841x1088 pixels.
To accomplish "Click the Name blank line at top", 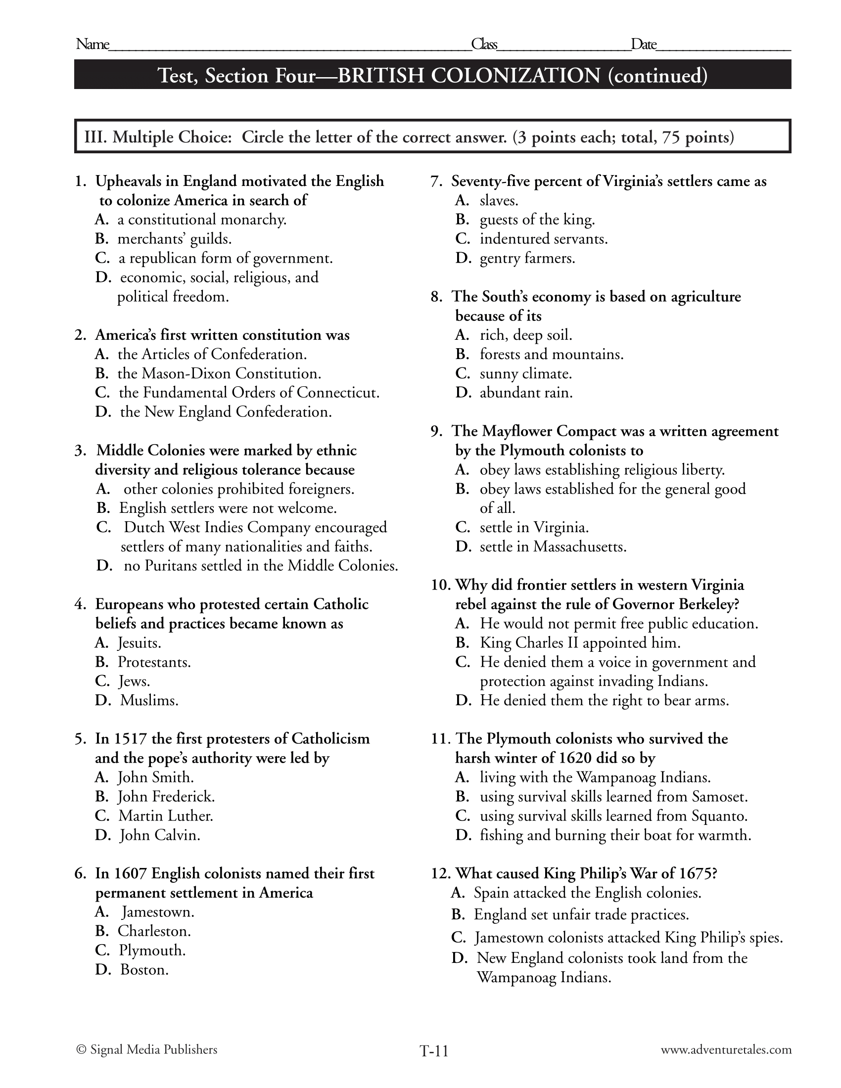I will click(289, 47).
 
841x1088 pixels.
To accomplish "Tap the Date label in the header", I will click(644, 45).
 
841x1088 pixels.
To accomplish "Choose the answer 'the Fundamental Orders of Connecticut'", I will click(249, 393).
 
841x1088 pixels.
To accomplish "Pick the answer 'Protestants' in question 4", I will click(154, 662).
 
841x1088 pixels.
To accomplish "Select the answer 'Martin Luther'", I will click(165, 816).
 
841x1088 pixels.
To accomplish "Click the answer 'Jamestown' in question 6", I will click(158, 912).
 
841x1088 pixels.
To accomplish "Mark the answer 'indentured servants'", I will click(544, 239).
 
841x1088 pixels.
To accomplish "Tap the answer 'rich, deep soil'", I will click(525, 335).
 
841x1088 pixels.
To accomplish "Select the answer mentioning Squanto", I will click(613, 816).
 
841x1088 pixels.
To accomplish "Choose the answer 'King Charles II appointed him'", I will click(580, 643).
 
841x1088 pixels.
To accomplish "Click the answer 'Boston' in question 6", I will click(144, 970).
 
